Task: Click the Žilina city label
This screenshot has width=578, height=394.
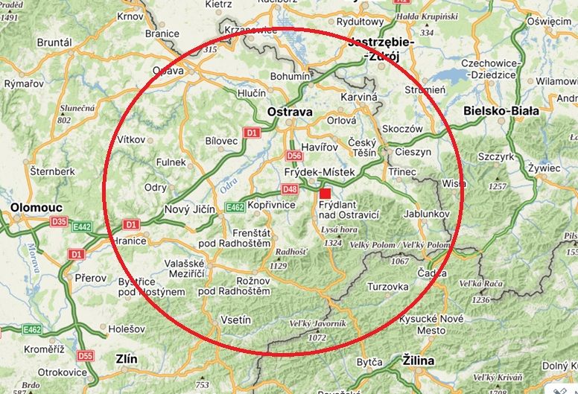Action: (418, 361)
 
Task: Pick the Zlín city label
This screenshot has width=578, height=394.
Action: (126, 359)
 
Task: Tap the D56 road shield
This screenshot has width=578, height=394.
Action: (294, 156)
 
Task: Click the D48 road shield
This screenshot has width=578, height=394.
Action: (290, 189)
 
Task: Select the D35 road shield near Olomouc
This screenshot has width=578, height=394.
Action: (59, 221)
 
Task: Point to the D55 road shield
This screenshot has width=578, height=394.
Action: (86, 356)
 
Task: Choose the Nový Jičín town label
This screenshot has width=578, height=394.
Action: (190, 209)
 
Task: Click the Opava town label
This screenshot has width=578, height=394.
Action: (168, 71)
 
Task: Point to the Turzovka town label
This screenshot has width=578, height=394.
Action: (388, 286)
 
